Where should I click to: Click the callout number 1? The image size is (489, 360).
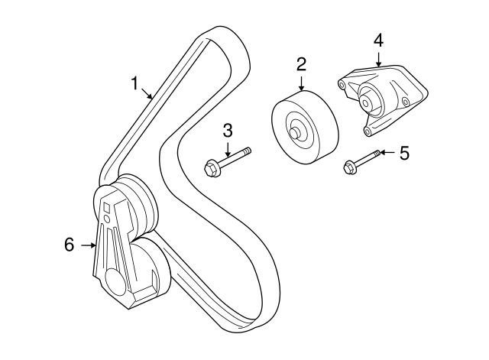click(x=134, y=83)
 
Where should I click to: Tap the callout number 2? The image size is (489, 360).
click(x=301, y=64)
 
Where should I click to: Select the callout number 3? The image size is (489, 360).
click(x=228, y=131)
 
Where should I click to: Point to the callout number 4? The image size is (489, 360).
click(x=378, y=41)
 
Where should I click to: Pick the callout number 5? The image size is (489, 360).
click(x=404, y=153)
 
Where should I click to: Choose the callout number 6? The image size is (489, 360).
click(x=70, y=245)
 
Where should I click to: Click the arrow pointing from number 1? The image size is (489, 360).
click(x=147, y=93)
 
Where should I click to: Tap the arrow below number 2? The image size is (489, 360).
click(x=301, y=83)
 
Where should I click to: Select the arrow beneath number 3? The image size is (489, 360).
click(x=228, y=149)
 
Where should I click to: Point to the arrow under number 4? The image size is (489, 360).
click(x=378, y=60)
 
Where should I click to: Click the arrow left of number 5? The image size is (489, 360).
click(x=388, y=153)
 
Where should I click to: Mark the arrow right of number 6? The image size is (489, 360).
click(x=89, y=245)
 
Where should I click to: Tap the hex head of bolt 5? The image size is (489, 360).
click(x=348, y=167)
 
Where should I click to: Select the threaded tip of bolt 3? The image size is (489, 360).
click(x=248, y=151)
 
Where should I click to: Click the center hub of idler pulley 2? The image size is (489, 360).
click(x=295, y=132)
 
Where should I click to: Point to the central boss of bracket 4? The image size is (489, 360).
click(x=366, y=102)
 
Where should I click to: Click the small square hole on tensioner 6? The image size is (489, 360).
click(x=107, y=207)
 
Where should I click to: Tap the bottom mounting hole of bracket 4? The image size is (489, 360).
click(x=368, y=131)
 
